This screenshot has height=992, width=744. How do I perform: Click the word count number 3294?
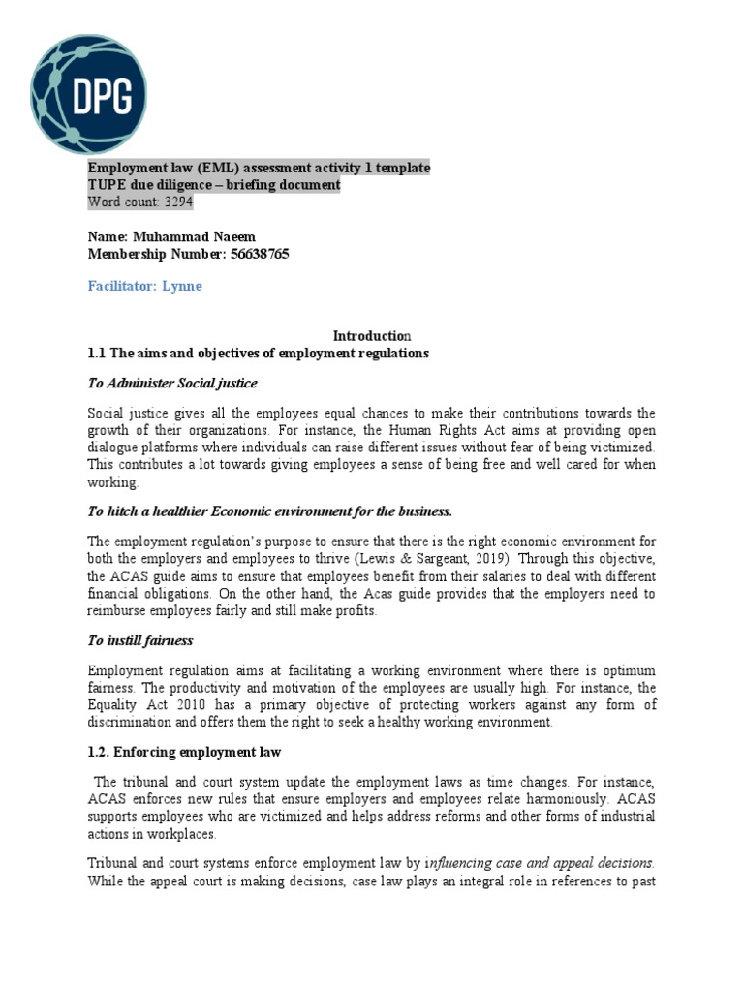click(x=178, y=202)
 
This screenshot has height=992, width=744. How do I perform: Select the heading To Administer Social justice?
click(x=172, y=383)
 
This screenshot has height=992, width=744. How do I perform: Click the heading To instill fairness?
click(x=140, y=640)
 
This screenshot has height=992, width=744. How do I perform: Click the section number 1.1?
click(x=98, y=353)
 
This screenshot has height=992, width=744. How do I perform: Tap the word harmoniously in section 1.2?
click(x=554, y=800)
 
